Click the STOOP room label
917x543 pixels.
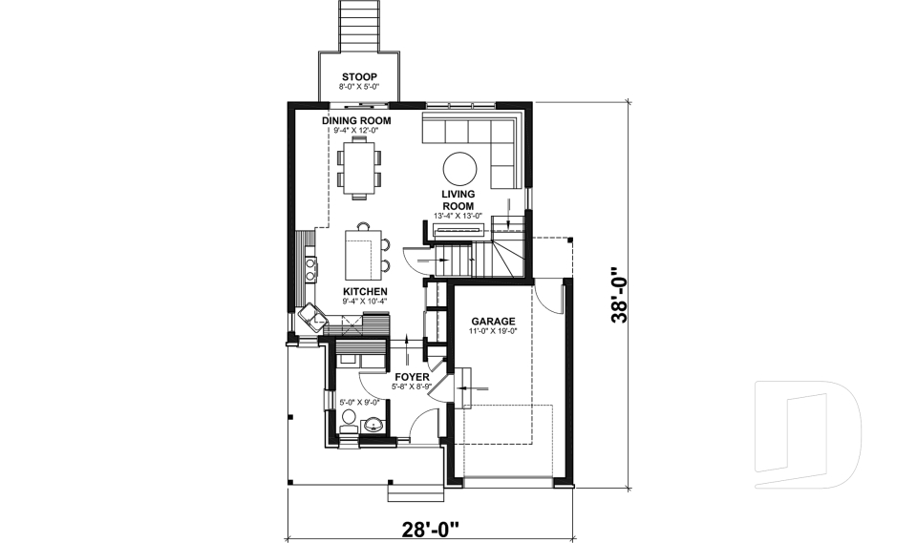[x=359, y=77]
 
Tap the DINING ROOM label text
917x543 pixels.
[x=356, y=120]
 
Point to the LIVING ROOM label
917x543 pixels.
[x=458, y=199]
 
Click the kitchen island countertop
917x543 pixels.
[x=360, y=254]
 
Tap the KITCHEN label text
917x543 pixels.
[x=365, y=291]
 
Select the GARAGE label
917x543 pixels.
[x=493, y=322]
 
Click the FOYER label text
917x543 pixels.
[x=413, y=377]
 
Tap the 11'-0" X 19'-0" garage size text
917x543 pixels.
[x=493, y=331]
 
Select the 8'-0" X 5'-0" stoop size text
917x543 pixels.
[x=359, y=87]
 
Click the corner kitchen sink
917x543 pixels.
[x=311, y=314]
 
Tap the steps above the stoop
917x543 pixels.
[x=360, y=23]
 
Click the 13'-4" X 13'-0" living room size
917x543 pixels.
[x=458, y=216]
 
